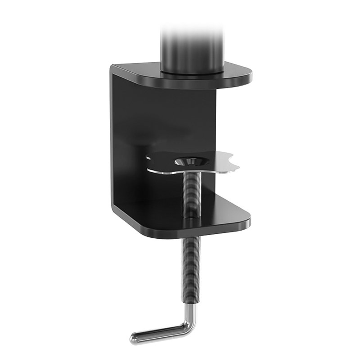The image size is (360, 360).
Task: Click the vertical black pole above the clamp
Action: point(192,47)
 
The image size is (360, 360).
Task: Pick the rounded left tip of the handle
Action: point(133,338)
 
